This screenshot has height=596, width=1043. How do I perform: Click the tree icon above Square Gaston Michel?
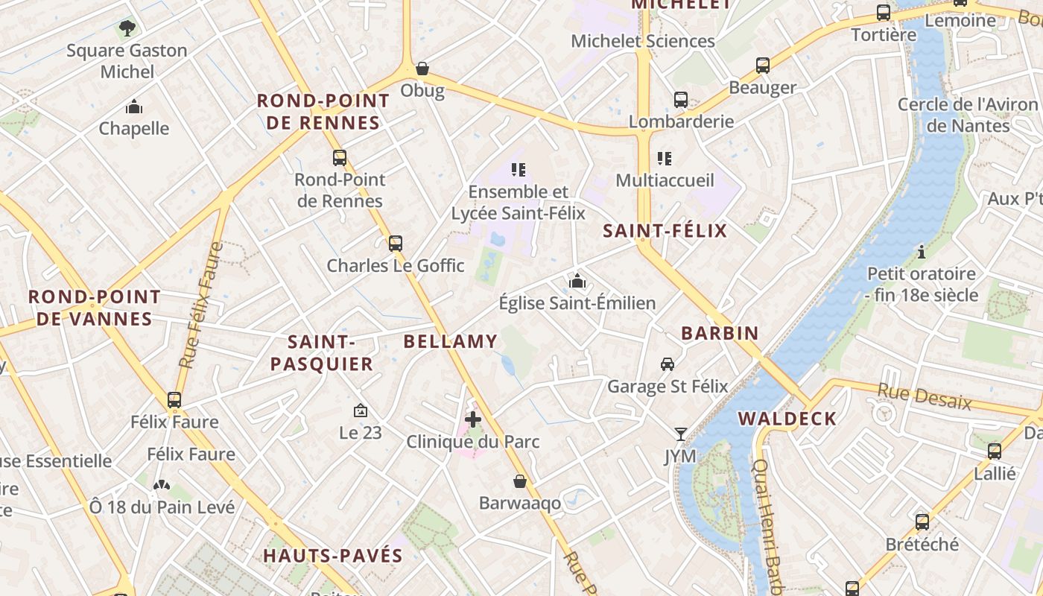tap(127, 28)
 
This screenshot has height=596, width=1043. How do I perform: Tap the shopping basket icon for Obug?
tap(422, 69)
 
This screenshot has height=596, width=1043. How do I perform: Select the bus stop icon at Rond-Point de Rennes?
tap(340, 157)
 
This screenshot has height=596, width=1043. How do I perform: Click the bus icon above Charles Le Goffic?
tap(396, 243)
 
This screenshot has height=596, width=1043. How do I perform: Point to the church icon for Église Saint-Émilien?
tap(577, 281)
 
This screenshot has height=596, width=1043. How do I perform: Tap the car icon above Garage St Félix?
tap(668, 364)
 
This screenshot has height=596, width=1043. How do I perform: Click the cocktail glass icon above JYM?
tap(680, 434)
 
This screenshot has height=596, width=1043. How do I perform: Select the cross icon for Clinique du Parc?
tap(472, 419)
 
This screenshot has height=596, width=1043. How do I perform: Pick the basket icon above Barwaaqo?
tap(520, 481)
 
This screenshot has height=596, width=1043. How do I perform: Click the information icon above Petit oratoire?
tap(922, 252)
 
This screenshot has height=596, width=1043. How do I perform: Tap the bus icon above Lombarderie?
tap(681, 99)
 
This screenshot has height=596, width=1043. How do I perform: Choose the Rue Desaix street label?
tap(925, 396)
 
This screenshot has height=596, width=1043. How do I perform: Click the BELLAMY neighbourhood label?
tap(450, 342)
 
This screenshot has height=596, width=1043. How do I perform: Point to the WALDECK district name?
tap(787, 419)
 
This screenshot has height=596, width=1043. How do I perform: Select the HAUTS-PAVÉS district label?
tap(333, 556)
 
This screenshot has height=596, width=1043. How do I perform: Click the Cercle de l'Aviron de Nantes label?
tap(967, 115)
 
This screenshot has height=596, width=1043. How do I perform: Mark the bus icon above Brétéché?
tap(922, 522)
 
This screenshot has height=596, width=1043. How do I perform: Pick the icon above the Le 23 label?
tap(361, 410)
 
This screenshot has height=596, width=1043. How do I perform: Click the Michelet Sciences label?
tap(643, 41)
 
